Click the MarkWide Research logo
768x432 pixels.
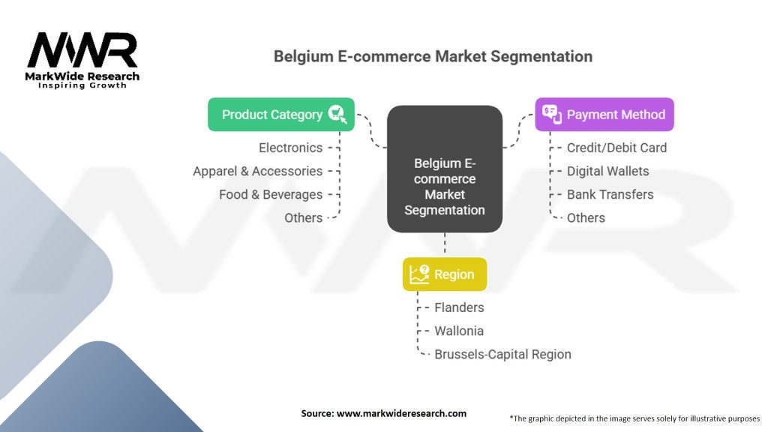click(82, 58)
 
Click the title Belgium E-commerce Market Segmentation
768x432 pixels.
click(433, 56)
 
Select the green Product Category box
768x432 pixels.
click(280, 115)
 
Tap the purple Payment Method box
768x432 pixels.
click(604, 115)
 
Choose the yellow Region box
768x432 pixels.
click(444, 274)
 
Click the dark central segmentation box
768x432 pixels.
click(444, 169)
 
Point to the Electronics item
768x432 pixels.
click(290, 148)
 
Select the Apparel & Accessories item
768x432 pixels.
click(257, 171)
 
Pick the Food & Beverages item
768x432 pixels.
click(270, 194)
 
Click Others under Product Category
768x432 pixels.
click(303, 217)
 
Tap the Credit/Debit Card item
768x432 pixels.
click(616, 148)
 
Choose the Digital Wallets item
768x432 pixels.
click(607, 171)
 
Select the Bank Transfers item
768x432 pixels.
click(610, 194)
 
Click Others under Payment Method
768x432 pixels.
click(586, 217)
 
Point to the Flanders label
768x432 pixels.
click(459, 307)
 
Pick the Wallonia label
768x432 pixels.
click(459, 331)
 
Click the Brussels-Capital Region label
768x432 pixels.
click(502, 354)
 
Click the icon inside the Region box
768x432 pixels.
click(418, 274)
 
